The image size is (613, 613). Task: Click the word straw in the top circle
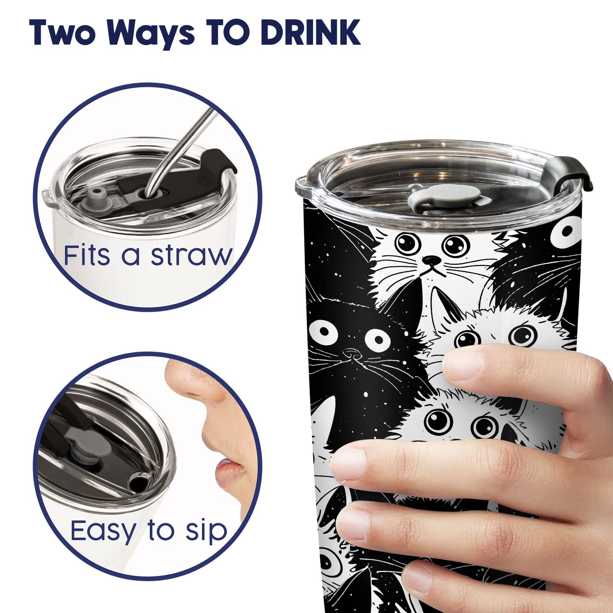point(192,256)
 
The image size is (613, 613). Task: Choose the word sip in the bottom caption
point(207,533)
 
